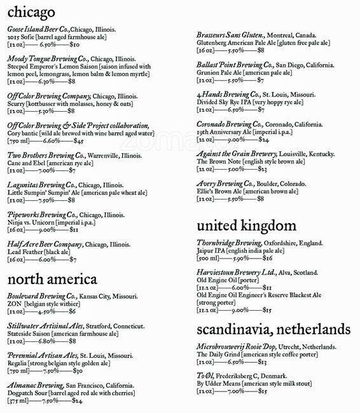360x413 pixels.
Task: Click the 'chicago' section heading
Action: [x=30, y=13]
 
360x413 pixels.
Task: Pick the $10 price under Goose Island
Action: [x=74, y=45]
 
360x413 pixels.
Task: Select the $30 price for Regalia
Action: [x=78, y=370]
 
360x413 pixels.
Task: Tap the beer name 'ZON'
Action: [x=15, y=304]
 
